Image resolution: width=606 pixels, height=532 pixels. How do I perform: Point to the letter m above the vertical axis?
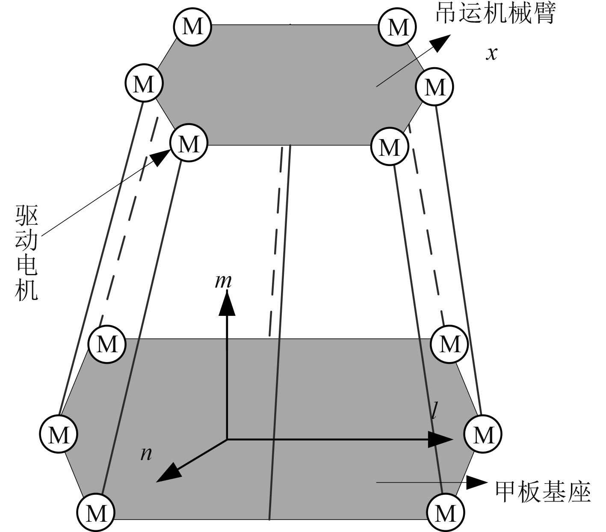tap(223, 281)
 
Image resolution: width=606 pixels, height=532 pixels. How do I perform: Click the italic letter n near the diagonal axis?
tap(146, 454)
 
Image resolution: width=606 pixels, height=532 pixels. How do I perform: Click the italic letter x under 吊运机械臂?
tap(492, 53)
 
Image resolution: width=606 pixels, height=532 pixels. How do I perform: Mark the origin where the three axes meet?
tap(227, 439)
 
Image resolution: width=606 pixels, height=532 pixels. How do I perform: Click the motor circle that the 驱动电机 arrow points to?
tap(189, 143)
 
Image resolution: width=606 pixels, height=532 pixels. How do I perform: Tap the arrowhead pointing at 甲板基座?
tap(476, 482)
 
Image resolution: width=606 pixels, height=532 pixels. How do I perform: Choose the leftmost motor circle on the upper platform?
tap(144, 83)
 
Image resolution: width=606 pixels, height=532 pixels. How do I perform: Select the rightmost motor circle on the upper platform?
tap(435, 87)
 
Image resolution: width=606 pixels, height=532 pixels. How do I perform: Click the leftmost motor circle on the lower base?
tap(59, 434)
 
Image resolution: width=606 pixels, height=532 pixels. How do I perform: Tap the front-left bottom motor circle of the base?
tap(96, 512)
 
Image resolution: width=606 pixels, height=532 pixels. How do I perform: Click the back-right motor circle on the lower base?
tap(450, 343)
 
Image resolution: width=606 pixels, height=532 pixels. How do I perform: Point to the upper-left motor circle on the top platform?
tap(192, 27)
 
